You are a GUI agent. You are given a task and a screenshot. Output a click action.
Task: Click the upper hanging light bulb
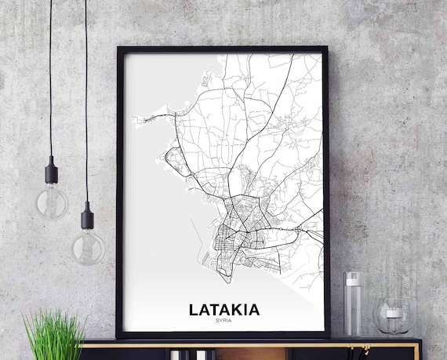(x=53, y=202)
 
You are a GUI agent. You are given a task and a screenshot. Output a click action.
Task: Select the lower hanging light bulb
(x=88, y=247)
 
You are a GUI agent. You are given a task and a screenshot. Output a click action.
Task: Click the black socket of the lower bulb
(x=87, y=215)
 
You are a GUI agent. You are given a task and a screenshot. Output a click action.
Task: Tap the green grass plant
(x=54, y=334)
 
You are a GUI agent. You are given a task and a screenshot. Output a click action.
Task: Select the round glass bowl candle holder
(x=393, y=317)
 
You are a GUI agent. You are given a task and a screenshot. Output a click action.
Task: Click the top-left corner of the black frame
(x=119, y=49)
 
